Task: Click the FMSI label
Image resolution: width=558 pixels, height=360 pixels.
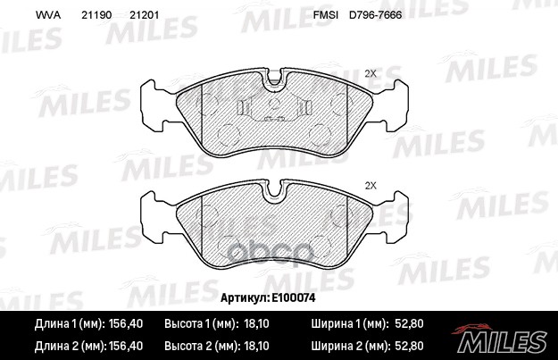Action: pyautogui.click(x=324, y=16)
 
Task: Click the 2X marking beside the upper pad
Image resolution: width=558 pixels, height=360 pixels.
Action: pyautogui.click(x=371, y=73)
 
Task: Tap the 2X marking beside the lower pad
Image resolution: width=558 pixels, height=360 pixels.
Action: pyautogui.click(x=371, y=186)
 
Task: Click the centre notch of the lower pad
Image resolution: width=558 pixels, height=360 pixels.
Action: pyautogui.click(x=275, y=191)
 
